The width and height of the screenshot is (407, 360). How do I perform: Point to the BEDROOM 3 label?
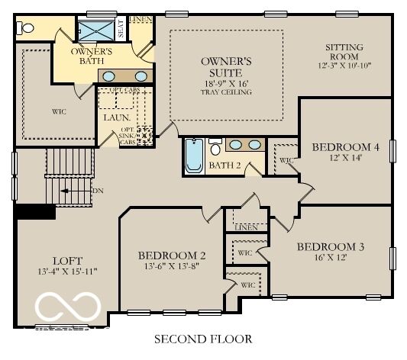[330, 246]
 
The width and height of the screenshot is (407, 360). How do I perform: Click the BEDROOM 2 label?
[172, 255]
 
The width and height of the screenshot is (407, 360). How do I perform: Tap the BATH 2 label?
[224, 165]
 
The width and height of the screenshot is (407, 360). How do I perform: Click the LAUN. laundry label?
[115, 117]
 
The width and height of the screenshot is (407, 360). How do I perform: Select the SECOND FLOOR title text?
[203, 338]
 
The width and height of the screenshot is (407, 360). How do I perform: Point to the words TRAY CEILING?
[226, 92]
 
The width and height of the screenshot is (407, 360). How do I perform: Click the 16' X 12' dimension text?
[330, 258]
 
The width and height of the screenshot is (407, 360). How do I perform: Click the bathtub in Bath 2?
[194, 156]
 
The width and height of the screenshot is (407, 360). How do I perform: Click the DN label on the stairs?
[97, 190]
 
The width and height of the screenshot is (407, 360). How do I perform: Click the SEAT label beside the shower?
[121, 30]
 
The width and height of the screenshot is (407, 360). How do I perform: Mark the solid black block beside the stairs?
[35, 211]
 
